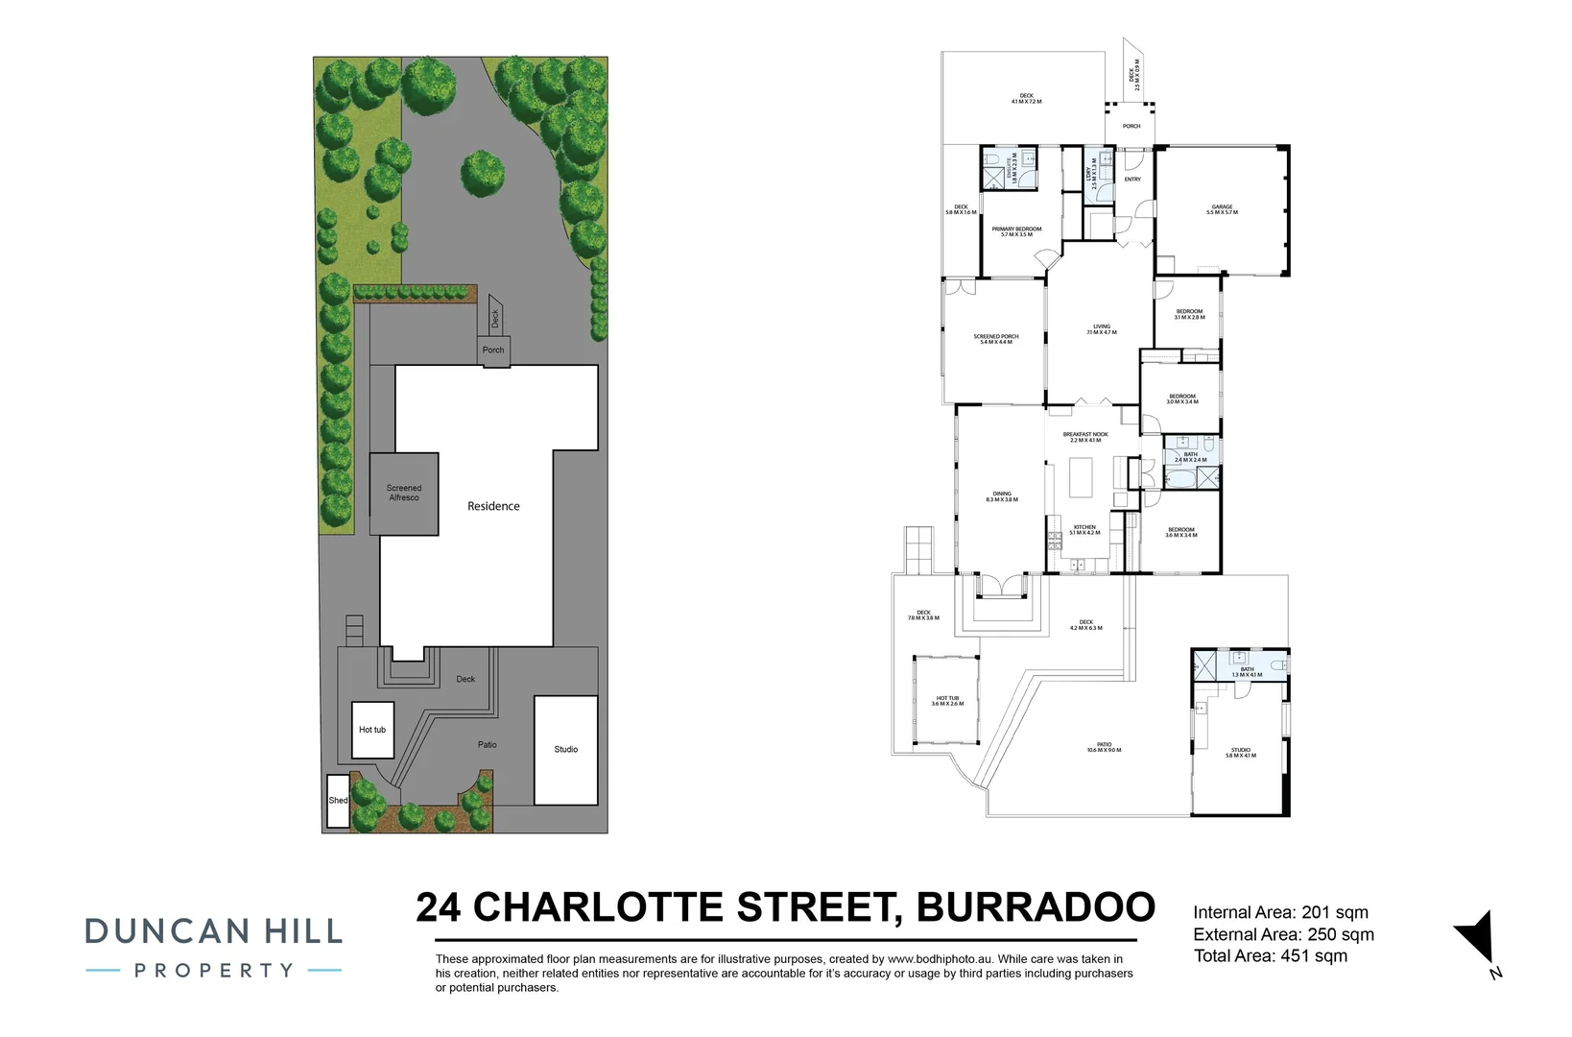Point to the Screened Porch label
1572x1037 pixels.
pyautogui.click(x=995, y=339)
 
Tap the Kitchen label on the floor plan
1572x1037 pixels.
pyautogui.click(x=1084, y=529)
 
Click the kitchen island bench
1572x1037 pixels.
pyautogui.click(x=1080, y=477)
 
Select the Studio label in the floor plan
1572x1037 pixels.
pyautogui.click(x=1240, y=752)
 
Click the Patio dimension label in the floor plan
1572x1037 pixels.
pyautogui.click(x=1104, y=747)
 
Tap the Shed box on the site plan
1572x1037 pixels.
pyautogui.click(x=338, y=800)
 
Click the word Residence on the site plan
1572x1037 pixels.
pyautogui.click(x=493, y=506)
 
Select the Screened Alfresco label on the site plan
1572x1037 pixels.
pyautogui.click(x=404, y=493)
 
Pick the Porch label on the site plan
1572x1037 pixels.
pyautogui.click(x=493, y=350)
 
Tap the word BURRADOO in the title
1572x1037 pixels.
pyautogui.click(x=1036, y=907)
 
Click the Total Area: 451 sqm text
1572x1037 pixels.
pyautogui.click(x=1270, y=956)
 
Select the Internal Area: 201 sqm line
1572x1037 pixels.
pyautogui.click(x=1280, y=913)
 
